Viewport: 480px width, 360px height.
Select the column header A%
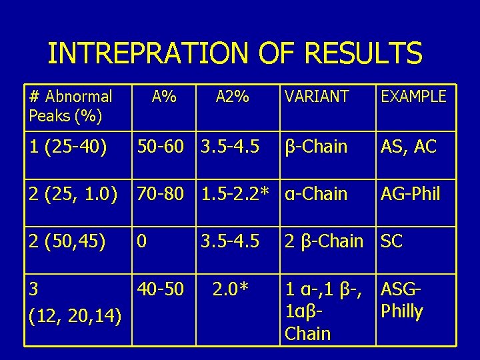click(163, 97)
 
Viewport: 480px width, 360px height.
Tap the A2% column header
click(232, 97)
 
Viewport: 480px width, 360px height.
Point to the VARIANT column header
click(316, 97)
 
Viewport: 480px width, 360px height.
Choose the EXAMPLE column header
click(413, 97)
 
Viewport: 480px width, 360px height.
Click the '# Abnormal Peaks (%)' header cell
click(71, 107)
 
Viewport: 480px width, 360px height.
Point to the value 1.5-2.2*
click(235, 195)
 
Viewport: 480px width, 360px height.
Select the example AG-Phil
click(410, 195)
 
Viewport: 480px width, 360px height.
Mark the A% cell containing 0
click(143, 241)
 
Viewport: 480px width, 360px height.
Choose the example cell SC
click(391, 241)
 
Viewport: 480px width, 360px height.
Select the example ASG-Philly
click(402, 301)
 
